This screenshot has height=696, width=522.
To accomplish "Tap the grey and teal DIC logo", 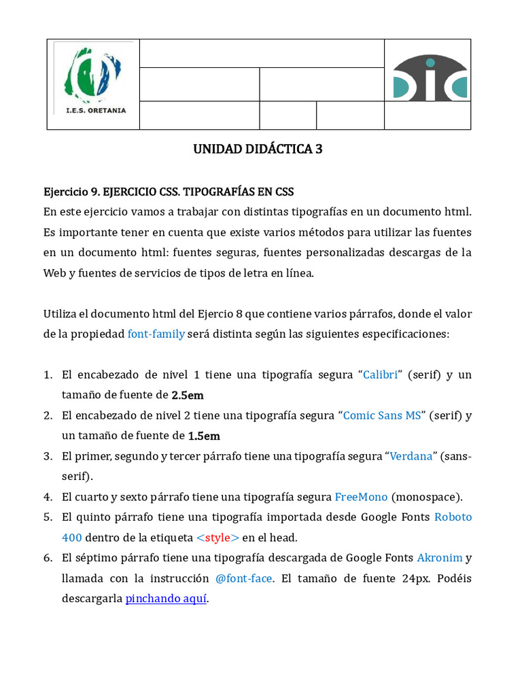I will pyautogui.click(x=430, y=77).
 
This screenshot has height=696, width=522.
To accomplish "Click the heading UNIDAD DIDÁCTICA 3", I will pyautogui.click(x=258, y=149).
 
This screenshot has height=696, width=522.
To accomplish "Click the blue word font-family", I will pyautogui.click(x=156, y=334).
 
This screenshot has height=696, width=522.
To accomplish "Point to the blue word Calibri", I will pyautogui.click(x=381, y=375).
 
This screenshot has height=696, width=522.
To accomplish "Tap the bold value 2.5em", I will pyautogui.click(x=188, y=395).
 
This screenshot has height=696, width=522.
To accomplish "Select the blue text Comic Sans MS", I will pyautogui.click(x=382, y=415).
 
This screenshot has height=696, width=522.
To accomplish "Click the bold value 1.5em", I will pyautogui.click(x=204, y=436).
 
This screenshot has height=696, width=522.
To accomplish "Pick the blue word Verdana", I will pyautogui.click(x=411, y=456).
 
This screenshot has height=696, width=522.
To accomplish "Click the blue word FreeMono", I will pyautogui.click(x=361, y=497).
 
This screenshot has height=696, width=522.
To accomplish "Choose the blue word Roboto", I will pyautogui.click(x=453, y=517).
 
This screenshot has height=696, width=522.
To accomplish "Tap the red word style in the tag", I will pyautogui.click(x=217, y=538).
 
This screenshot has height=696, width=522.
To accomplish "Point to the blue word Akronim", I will pyautogui.click(x=439, y=558).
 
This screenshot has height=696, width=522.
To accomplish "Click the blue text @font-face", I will pyautogui.click(x=244, y=578).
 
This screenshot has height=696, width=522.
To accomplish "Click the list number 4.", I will pyautogui.click(x=48, y=497).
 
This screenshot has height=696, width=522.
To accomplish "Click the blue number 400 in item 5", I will pyautogui.click(x=72, y=538).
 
